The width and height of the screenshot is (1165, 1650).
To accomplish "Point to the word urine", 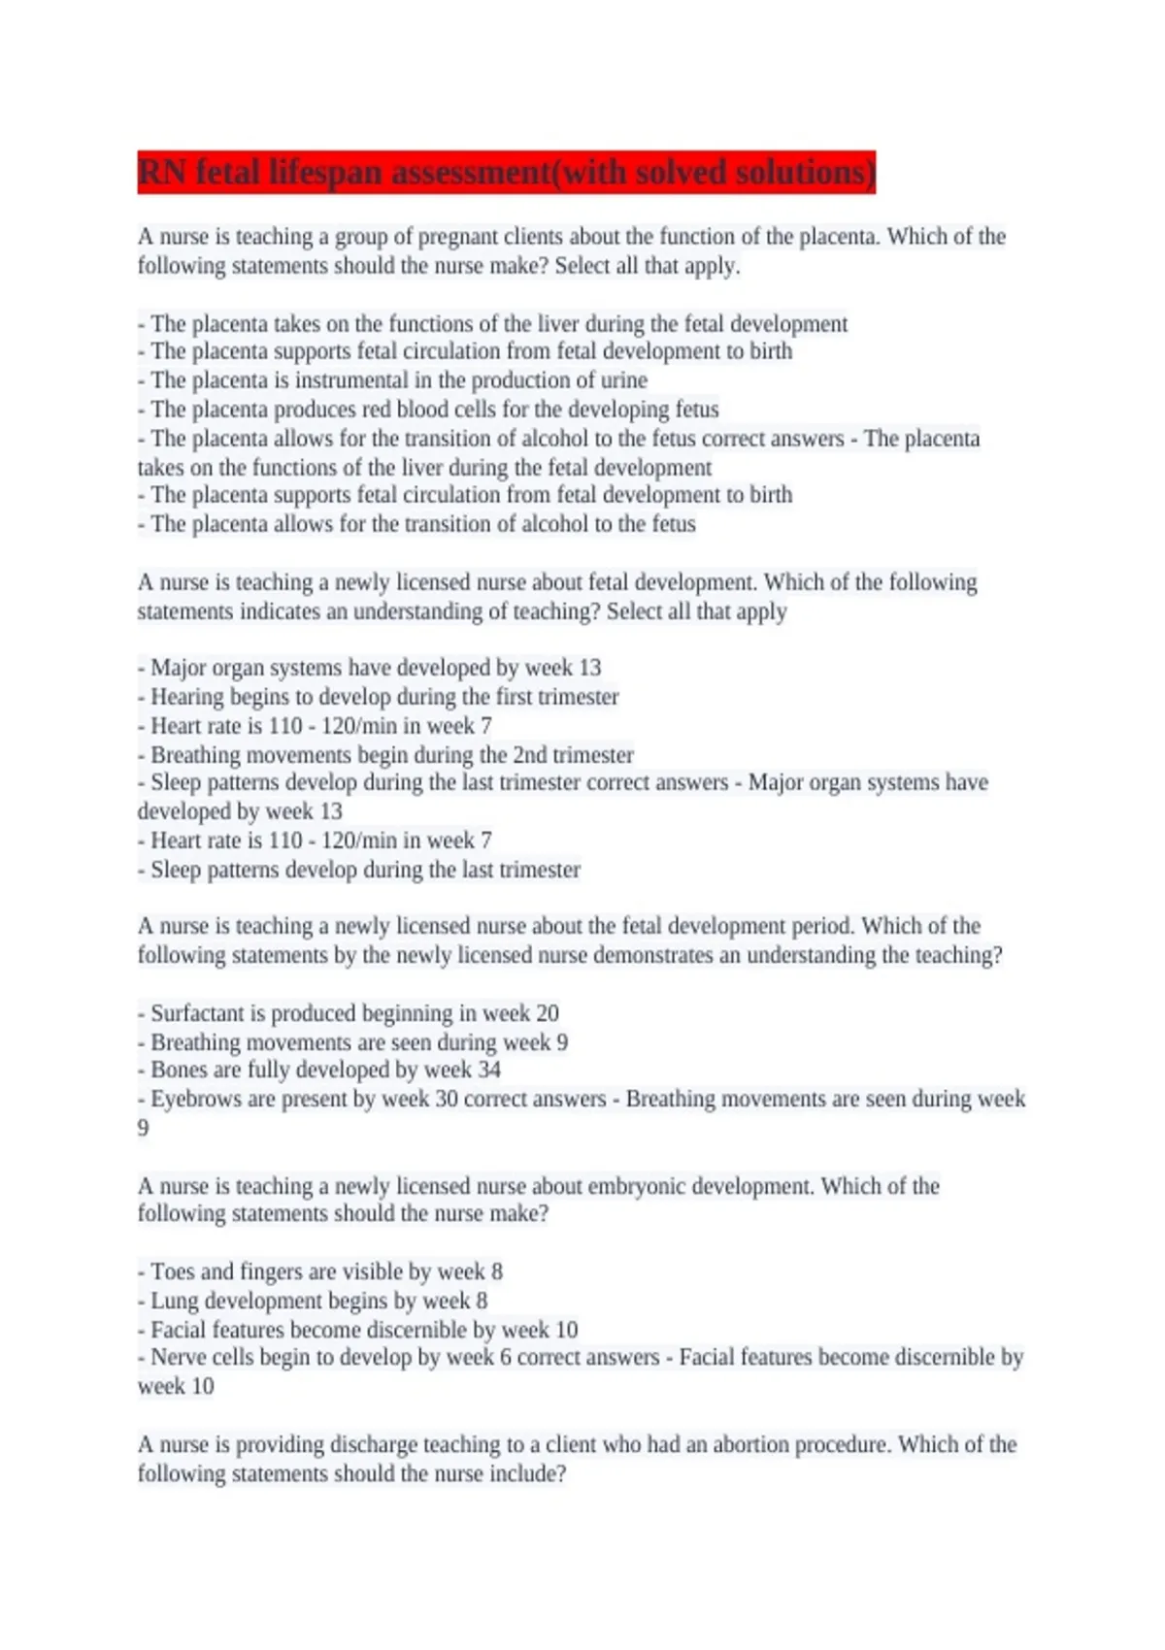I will coord(623,380).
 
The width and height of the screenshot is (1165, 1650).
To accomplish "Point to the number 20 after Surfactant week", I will coord(548,1013).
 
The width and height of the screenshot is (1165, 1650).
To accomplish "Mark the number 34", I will coord(489,1070).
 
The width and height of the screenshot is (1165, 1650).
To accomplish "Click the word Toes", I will coord(172,1271).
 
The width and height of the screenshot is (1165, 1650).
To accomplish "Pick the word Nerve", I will coord(178,1357).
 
